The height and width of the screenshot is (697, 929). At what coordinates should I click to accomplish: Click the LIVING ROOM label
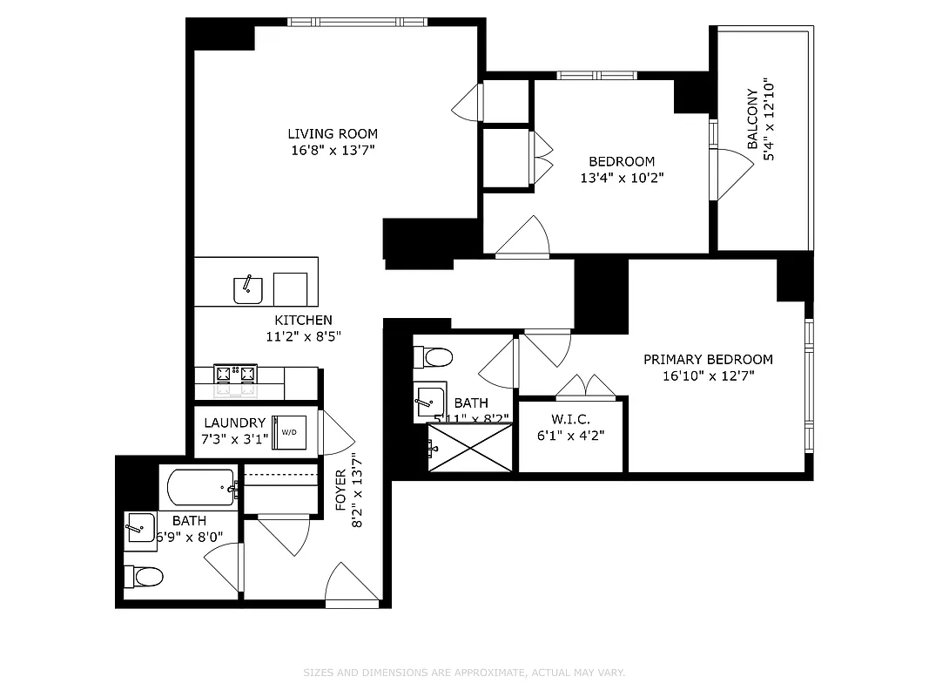[333, 133]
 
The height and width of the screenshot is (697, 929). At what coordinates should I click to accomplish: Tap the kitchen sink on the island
[248, 288]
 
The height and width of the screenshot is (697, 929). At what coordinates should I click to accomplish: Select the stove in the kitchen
[236, 374]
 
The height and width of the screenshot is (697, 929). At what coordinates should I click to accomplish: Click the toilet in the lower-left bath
[145, 576]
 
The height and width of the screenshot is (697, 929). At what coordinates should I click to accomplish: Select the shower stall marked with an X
[470, 449]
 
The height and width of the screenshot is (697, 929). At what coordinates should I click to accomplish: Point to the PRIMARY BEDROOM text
[708, 359]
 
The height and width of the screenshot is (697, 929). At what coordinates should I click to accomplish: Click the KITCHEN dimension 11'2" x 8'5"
[299, 336]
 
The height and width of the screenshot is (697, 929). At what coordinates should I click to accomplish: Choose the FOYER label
[340, 491]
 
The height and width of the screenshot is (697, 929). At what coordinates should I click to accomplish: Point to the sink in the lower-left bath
[140, 528]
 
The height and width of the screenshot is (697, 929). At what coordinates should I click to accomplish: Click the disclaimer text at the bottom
[464, 673]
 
